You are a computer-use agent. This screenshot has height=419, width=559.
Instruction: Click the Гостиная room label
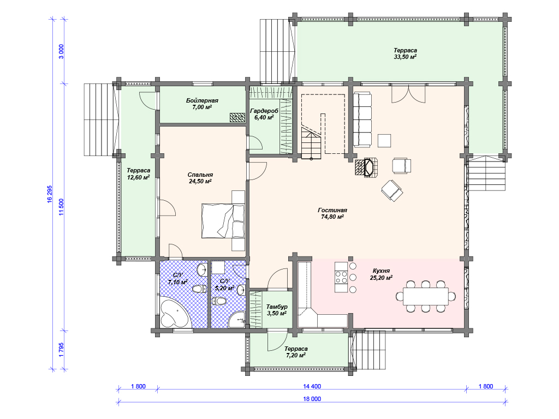click(x=332, y=210)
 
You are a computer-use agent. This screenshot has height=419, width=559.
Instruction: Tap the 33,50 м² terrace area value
click(x=405, y=57)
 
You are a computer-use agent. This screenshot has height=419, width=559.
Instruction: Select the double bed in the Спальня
click(x=223, y=220)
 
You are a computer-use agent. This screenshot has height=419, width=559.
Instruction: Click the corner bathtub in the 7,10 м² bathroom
click(x=174, y=314)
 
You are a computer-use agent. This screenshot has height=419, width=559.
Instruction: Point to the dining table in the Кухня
click(x=426, y=296)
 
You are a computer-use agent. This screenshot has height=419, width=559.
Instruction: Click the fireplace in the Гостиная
click(x=366, y=167)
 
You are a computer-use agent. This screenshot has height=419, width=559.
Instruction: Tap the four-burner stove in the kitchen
click(x=341, y=277)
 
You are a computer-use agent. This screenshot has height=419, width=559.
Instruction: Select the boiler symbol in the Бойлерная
click(x=237, y=117)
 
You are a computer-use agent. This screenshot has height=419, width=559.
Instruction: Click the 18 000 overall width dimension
click(x=312, y=399)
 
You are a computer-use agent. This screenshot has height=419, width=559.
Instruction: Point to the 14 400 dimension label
click(x=312, y=386)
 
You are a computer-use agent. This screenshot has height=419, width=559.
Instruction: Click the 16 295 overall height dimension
click(x=50, y=195)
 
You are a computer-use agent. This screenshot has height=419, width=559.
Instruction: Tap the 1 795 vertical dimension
click(x=61, y=350)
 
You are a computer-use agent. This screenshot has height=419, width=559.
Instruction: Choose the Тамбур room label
click(x=277, y=307)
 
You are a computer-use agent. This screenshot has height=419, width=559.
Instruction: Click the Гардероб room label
click(x=264, y=111)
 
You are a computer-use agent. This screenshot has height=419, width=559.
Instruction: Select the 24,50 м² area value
click(x=200, y=181)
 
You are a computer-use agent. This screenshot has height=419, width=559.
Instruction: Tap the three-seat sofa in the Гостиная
click(x=362, y=119)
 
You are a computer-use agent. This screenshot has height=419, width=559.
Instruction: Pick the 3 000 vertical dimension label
click(x=61, y=52)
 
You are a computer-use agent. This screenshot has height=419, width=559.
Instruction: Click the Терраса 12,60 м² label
click(x=138, y=174)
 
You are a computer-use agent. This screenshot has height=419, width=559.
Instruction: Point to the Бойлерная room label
click(x=202, y=100)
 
